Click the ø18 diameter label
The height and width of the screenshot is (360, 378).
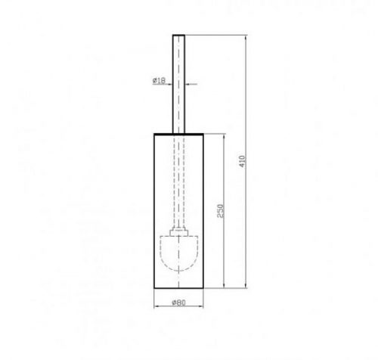159,81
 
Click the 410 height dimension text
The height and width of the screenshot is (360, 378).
242,161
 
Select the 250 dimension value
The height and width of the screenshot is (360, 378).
220,211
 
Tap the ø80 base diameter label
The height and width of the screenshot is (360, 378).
178,303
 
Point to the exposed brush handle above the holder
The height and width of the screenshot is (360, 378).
178,84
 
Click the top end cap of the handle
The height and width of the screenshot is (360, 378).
178,36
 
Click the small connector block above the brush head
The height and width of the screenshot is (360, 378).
178,231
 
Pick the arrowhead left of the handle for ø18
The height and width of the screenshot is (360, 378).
170,84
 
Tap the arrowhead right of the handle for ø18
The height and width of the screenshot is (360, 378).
187,84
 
